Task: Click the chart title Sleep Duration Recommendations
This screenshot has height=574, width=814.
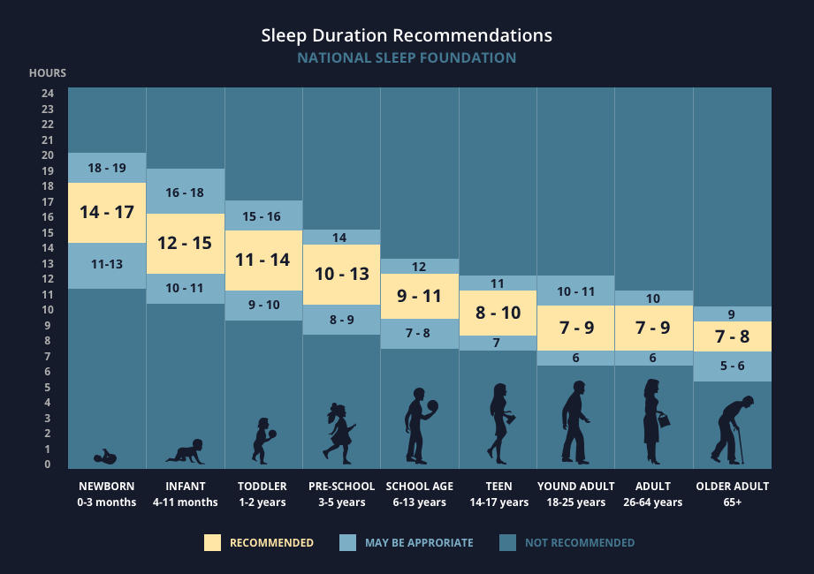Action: (407, 35)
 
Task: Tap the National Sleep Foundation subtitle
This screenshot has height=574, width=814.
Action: (407, 58)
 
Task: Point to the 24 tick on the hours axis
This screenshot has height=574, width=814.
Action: (48, 94)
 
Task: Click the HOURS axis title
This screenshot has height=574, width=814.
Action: (48, 73)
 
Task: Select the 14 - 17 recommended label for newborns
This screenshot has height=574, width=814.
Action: (107, 212)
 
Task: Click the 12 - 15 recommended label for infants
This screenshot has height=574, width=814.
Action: (185, 243)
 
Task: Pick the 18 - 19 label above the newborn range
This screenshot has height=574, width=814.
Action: (107, 168)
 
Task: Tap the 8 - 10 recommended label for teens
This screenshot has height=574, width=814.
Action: (498, 313)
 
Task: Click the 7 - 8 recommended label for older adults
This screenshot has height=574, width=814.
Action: (732, 336)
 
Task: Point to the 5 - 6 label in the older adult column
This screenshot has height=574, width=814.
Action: (732, 366)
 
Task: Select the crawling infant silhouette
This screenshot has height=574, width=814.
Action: (186, 452)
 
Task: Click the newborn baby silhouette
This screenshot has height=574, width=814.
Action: (106, 457)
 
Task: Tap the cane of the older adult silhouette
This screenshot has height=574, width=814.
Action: (741, 446)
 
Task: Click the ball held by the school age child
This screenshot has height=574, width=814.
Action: (432, 406)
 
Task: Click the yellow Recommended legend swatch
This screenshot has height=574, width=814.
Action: (212, 542)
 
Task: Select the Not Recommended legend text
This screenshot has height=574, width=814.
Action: (579, 542)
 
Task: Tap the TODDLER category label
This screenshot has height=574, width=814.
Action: (262, 487)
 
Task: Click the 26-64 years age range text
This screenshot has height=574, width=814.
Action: (653, 502)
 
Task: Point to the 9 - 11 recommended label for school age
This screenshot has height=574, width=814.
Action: (419, 297)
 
